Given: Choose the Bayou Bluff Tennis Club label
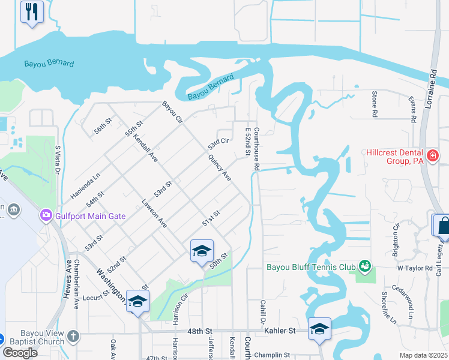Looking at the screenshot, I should tap(311, 265).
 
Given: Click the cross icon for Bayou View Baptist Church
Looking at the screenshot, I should tap(73, 336).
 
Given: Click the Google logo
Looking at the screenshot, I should tap(20, 353).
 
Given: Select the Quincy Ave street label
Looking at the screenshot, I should tap(219, 168).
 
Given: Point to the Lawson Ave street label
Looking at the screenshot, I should tap(154, 214).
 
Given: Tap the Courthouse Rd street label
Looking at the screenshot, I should tap(256, 142).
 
